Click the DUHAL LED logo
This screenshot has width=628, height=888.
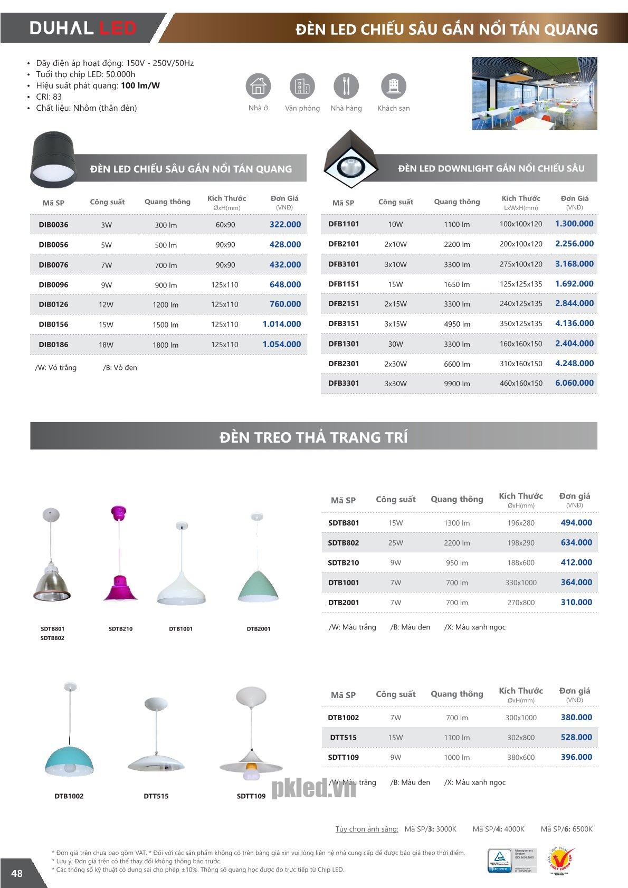point(83,27)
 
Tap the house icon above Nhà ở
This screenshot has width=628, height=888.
point(258,86)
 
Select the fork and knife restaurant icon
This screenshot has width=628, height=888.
point(346,86)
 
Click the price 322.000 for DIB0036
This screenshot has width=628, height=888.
point(285,224)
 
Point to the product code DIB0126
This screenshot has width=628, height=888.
point(53,304)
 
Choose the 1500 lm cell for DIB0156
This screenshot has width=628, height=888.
point(166,324)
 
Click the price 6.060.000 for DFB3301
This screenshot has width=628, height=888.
point(574,383)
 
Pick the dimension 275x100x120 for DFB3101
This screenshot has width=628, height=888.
point(521,264)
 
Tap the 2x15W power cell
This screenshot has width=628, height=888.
point(395,304)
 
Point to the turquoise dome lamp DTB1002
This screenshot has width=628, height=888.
point(69,749)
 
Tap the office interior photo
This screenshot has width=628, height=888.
point(535,93)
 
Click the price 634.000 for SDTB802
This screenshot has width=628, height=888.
point(576,542)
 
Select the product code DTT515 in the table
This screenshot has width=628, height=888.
point(344,738)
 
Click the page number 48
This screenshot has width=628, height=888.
point(17,873)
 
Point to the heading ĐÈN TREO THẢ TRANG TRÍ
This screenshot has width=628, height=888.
point(313,437)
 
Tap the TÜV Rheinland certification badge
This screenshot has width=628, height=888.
point(499,860)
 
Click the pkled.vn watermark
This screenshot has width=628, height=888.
point(313,788)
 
